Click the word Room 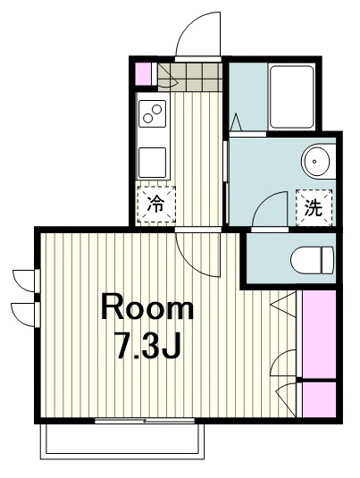tap(147, 306)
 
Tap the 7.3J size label tap(147, 345)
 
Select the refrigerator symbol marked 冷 tap(156, 205)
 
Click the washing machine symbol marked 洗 tap(314, 208)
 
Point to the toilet tap(312, 260)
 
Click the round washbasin tap(316, 161)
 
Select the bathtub tap(292, 97)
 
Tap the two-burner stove tap(152, 113)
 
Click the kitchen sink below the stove tap(152, 163)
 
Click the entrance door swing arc tap(188, 29)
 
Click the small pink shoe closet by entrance tap(143, 74)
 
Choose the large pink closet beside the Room tap(319, 334)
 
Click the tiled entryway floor tap(189, 77)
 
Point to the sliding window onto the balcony tap(145, 421)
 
